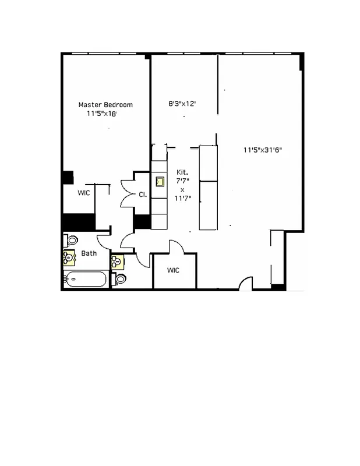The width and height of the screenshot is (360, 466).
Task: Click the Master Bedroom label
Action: [x=105, y=105]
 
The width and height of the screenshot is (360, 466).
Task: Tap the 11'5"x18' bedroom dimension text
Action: [x=102, y=114]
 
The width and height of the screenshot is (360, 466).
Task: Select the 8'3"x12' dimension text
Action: [x=182, y=104]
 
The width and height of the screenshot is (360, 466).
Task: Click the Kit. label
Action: [x=182, y=172]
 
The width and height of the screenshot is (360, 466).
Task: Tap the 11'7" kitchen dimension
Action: [x=183, y=198]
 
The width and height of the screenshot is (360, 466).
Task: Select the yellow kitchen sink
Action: [x=160, y=181]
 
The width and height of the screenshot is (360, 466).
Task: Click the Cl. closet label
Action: [x=142, y=195]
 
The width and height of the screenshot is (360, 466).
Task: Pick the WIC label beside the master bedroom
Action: [x=84, y=193]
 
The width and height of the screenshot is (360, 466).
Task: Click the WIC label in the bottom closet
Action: [x=174, y=270]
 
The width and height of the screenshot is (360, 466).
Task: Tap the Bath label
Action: [x=89, y=253]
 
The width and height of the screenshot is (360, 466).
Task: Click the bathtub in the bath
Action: [x=86, y=280]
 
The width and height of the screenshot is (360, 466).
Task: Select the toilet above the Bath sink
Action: [x=72, y=240]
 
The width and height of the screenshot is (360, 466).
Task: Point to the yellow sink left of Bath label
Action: [x=69, y=257]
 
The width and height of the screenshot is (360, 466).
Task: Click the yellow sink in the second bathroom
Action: [x=118, y=262]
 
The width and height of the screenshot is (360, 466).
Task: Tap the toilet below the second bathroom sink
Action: [x=121, y=278]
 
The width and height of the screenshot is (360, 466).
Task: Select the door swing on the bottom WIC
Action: [x=177, y=247]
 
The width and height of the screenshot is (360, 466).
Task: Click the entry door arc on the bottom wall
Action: [x=246, y=284]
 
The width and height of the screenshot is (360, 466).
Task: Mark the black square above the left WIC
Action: [x=68, y=178]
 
